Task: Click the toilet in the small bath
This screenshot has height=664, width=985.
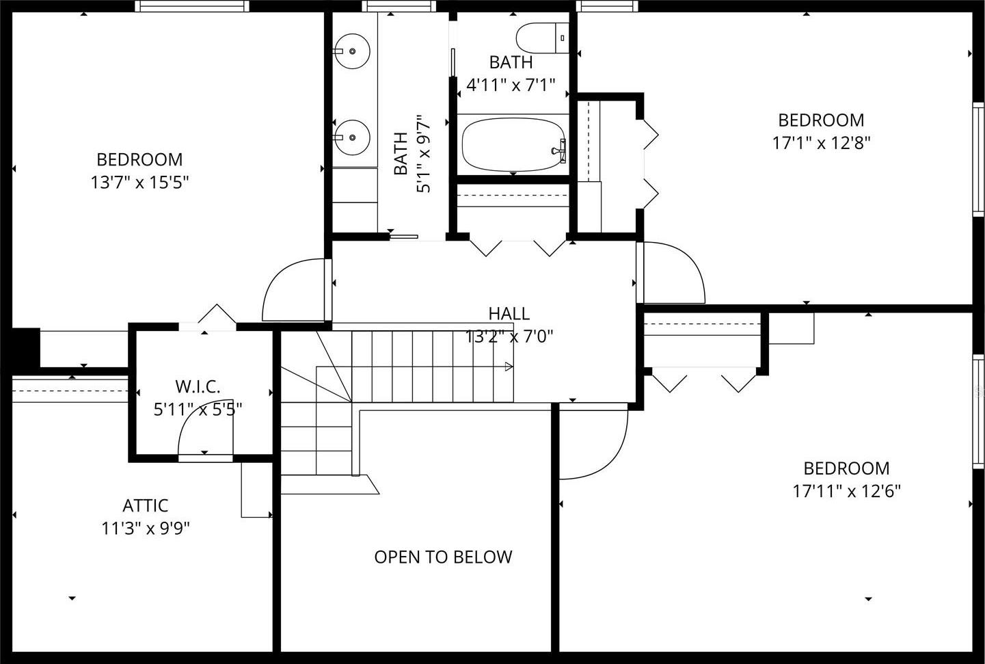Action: pos(542,38)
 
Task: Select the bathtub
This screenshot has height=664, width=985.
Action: pos(514,144)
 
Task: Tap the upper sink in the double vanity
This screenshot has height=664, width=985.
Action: pos(351,51)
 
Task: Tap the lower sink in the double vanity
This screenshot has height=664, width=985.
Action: pos(351,137)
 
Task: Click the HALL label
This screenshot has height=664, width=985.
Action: pos(509,314)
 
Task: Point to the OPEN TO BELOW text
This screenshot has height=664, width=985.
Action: pos(443,557)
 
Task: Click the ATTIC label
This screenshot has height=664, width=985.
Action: pos(145,505)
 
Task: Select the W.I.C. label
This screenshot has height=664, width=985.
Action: pos(198,387)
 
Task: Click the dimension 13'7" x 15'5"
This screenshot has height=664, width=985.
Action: pos(139,182)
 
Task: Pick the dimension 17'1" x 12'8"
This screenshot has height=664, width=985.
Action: pos(822,143)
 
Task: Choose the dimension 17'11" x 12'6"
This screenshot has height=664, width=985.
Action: pos(846,491)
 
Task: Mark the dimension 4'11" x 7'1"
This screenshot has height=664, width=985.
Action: pos(511,85)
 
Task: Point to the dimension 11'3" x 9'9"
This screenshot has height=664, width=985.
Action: pos(146,529)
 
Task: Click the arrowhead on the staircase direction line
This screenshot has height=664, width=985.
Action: pos(509,366)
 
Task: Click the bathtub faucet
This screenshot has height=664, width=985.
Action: pos(559,150)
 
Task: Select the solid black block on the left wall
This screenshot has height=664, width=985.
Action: pos(25,347)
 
